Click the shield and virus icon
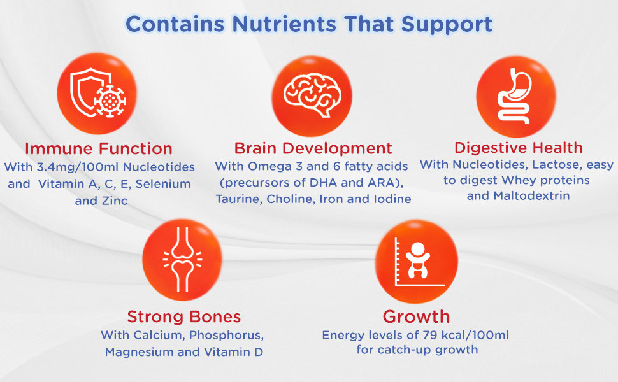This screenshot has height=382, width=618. coord(97,93)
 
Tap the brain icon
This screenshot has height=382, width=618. coord(312,95)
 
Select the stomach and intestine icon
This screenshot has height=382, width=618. coord(515,95)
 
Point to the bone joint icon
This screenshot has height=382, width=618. coord(182,259)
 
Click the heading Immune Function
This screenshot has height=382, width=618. coord(99,149)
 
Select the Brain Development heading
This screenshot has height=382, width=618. coord(313,148)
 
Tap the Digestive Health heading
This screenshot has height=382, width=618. coord(518,148)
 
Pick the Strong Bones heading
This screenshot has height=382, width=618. coord(184,316)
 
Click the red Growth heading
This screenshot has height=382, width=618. coord(416,316)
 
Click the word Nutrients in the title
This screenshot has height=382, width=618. coord(284,24)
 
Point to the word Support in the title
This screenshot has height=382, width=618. coord(447,25)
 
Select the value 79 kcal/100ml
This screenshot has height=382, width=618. coord(466,335)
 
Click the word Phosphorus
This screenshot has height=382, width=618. coord(226,335)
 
